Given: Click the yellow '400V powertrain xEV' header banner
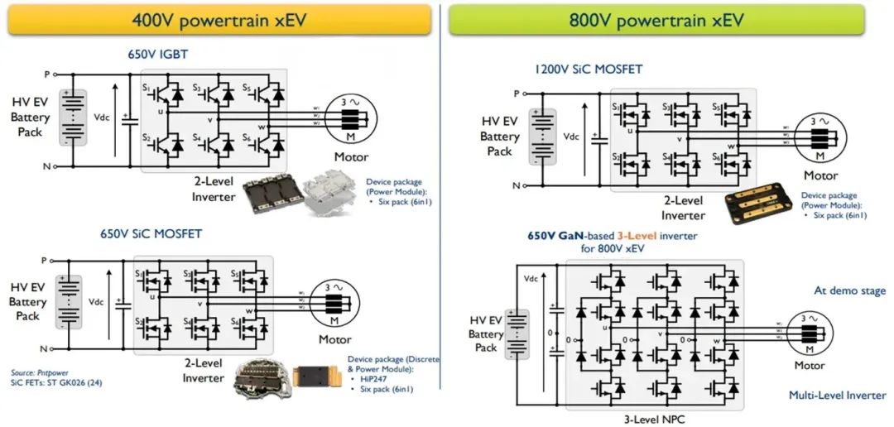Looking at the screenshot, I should tap(219, 20).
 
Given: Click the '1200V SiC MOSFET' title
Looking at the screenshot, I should tap(589, 70).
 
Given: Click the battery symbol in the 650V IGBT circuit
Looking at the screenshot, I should tap(74, 118).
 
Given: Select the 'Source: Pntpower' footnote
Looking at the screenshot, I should tap(36, 373).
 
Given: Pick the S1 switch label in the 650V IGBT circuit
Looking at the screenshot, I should tap(147, 87).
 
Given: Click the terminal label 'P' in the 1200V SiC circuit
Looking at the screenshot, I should tap(516, 94).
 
